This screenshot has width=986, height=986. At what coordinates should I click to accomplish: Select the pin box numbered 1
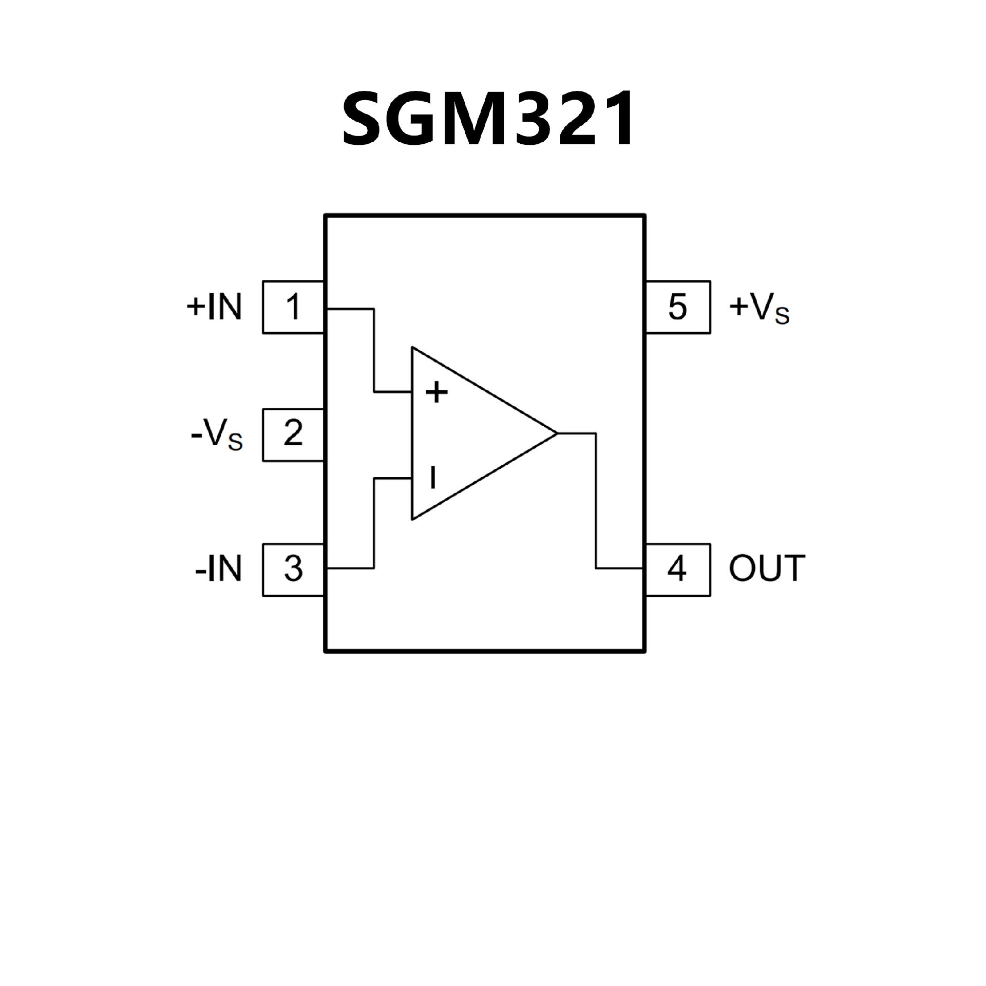(x=293, y=307)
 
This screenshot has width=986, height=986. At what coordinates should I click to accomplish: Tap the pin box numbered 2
(x=293, y=434)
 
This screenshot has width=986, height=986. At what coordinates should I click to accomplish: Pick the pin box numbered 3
(x=293, y=570)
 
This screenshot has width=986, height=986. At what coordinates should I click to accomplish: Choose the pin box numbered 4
(x=677, y=570)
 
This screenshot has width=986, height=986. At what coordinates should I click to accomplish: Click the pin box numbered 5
(x=677, y=307)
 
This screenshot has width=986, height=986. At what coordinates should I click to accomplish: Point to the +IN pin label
(x=214, y=307)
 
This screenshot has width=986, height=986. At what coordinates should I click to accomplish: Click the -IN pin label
(x=218, y=570)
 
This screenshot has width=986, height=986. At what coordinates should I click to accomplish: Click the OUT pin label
(x=767, y=568)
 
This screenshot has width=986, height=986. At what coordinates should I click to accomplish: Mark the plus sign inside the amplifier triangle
(x=437, y=393)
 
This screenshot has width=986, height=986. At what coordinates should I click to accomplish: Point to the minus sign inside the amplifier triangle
(x=433, y=478)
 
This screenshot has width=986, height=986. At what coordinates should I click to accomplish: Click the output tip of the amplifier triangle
(x=556, y=433)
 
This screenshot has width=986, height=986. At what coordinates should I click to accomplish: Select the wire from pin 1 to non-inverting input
(x=374, y=349)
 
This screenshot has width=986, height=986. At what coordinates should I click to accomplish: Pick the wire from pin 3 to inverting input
(x=374, y=524)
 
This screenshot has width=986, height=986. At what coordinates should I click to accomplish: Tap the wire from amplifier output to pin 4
(x=596, y=501)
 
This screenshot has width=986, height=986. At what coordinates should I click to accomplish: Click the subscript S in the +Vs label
(x=782, y=316)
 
